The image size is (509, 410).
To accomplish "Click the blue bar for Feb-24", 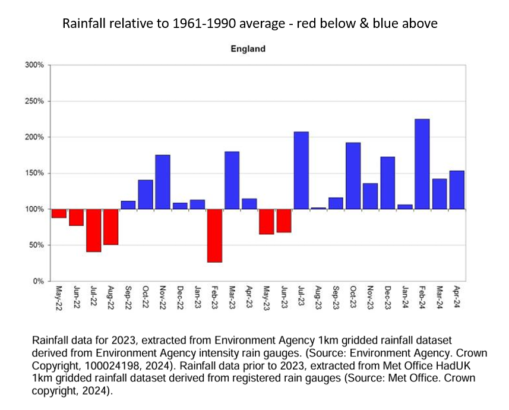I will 422,164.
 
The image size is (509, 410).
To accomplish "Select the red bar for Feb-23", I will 214,235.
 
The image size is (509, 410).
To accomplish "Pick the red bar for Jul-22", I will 93,231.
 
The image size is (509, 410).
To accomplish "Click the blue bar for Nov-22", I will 163,182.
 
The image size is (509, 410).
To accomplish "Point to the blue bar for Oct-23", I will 353,176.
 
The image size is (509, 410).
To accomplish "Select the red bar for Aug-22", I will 110,227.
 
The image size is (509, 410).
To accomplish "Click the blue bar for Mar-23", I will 232,181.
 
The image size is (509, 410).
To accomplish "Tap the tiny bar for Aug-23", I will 318,208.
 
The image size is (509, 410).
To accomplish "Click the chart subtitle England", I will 248,49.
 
